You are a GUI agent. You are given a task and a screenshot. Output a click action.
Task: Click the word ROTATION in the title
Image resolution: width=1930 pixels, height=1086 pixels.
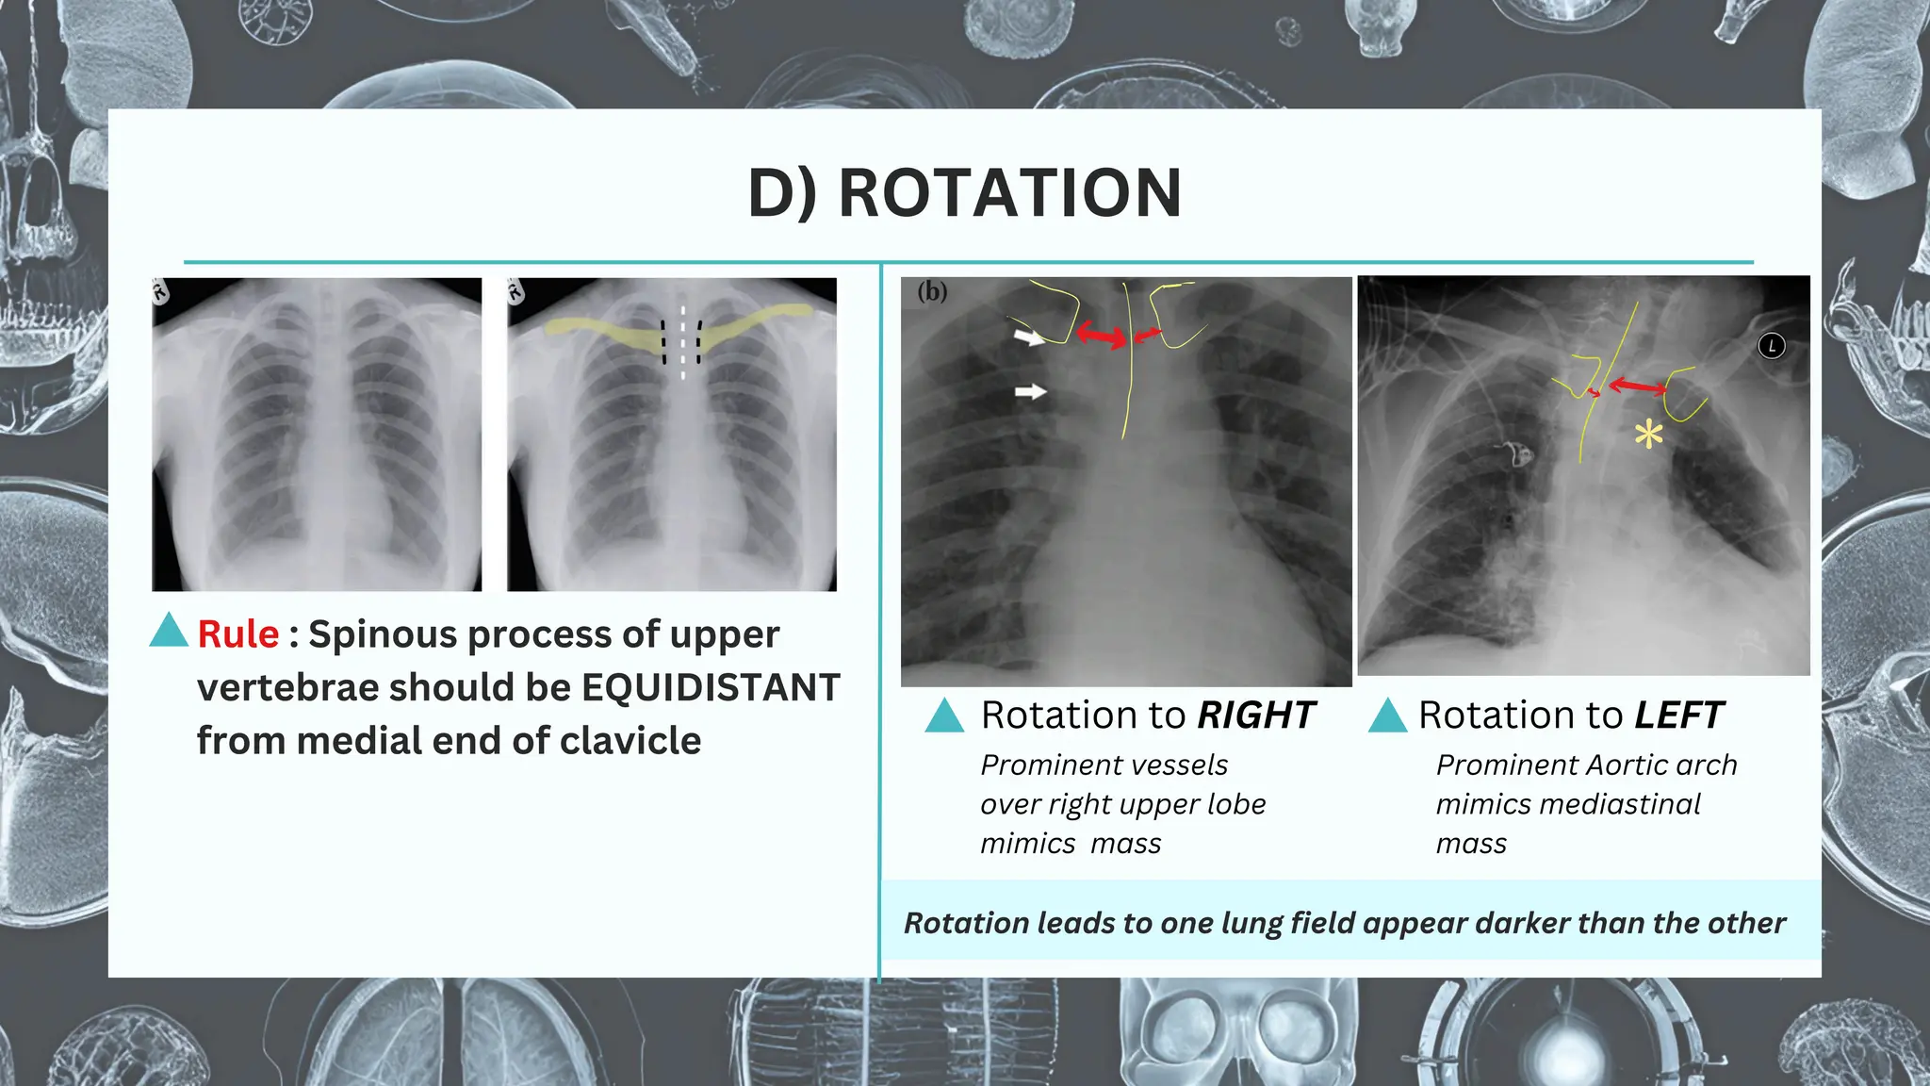tap(1009, 193)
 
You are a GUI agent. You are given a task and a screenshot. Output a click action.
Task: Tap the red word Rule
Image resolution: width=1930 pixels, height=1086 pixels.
tap(238, 634)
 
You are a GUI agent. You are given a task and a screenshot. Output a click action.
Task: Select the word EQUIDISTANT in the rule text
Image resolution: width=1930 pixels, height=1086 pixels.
tap(711, 687)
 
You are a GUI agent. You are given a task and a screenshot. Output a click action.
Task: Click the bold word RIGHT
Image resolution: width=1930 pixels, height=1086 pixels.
tap(1255, 716)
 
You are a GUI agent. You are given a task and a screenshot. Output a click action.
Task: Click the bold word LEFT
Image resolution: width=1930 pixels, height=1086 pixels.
tap(1678, 716)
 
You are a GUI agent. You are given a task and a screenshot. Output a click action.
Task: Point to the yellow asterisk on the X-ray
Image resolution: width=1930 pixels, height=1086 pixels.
tap(1648, 435)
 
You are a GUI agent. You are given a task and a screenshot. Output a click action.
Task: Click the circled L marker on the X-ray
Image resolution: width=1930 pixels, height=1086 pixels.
tap(1772, 346)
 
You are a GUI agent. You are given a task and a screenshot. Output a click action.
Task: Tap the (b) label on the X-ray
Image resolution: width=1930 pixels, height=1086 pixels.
tap(932, 291)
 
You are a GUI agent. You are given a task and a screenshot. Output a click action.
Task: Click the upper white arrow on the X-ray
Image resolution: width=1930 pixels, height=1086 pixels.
tap(1029, 337)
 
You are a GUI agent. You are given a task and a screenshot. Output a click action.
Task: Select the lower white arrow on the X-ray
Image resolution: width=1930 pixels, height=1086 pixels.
tap(1030, 391)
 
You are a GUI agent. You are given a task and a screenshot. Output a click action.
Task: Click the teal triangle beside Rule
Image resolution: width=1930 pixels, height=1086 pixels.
tap(170, 631)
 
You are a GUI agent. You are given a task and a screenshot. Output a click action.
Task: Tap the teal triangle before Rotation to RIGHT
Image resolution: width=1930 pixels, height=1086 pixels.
tap(944, 716)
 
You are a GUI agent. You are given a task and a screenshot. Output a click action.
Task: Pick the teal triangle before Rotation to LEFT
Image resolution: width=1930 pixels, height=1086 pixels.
tap(1387, 716)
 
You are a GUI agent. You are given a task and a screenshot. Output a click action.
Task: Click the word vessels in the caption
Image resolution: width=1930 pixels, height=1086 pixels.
tap(1180, 765)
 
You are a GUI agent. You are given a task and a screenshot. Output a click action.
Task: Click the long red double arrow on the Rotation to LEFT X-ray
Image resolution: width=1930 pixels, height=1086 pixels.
tap(1636, 386)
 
